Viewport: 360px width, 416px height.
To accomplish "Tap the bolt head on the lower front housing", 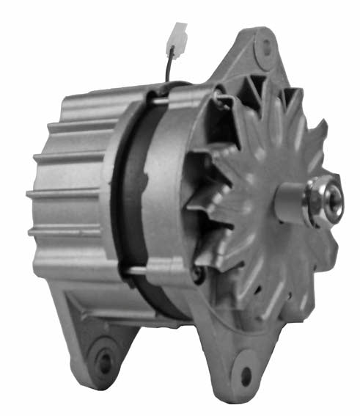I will (196, 276).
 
